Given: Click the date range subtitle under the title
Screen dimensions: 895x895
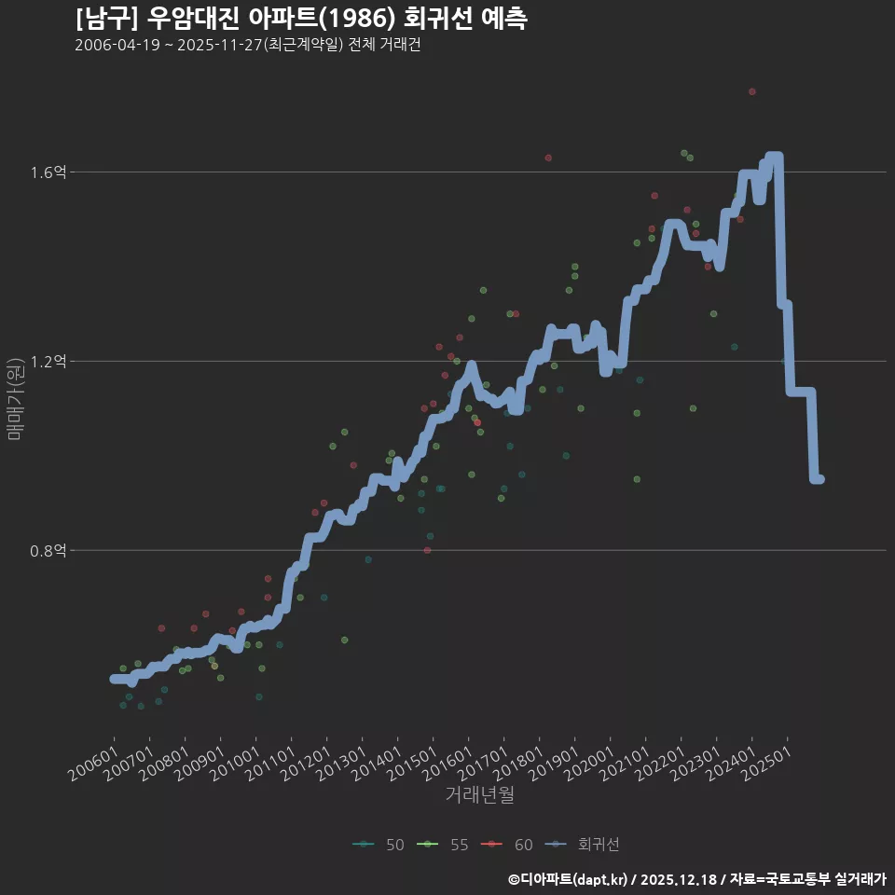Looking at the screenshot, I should tap(248, 46).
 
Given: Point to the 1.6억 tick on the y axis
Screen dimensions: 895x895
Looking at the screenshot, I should tap(48, 172).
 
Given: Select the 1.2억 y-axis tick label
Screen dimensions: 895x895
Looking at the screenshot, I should tap(48, 362).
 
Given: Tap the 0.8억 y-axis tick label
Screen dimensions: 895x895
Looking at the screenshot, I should tap(48, 551).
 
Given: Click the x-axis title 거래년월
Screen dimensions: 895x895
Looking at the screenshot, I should tap(479, 795).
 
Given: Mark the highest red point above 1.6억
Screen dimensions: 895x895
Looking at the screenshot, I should tap(751, 91).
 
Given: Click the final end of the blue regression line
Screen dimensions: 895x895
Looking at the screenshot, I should tap(819, 479).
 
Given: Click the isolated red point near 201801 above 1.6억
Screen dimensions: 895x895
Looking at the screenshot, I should tap(548, 158).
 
